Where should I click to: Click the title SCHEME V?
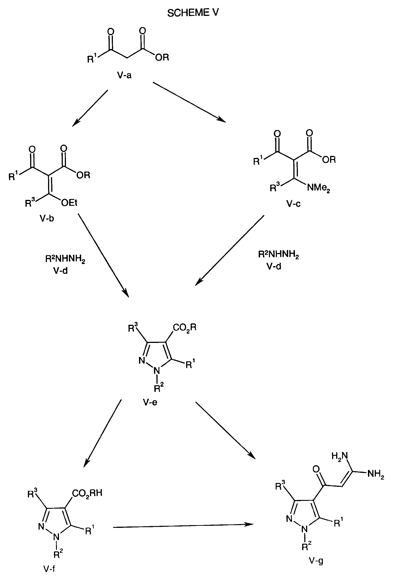(x=193, y=13)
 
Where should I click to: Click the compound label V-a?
(x=124, y=75)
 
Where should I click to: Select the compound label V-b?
(x=47, y=218)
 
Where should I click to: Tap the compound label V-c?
(x=293, y=204)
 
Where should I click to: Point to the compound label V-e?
(x=150, y=402)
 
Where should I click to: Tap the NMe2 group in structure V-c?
(x=318, y=188)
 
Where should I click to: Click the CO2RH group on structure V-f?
(x=87, y=493)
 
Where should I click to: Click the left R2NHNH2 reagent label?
(x=65, y=259)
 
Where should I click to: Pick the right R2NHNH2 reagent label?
(x=279, y=255)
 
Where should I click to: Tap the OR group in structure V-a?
(x=162, y=58)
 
